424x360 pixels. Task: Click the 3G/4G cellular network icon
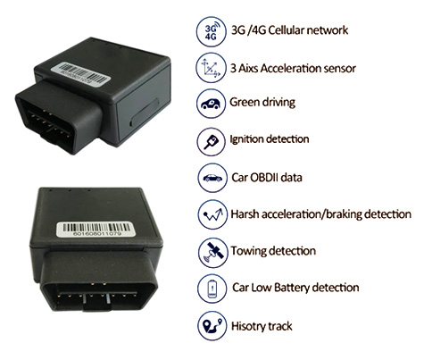211,32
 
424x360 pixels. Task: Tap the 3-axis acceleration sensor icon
211,68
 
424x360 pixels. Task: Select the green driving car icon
211,104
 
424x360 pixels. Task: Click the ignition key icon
211,141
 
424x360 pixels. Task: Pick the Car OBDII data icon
212,178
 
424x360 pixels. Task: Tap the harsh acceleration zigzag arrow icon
212,214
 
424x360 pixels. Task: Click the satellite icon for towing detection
212,252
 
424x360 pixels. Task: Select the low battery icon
212,289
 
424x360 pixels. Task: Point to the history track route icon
212,325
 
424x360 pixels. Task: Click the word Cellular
286,30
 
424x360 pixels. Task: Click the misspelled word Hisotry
246,326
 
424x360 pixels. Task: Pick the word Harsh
245,214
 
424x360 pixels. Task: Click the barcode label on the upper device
80,74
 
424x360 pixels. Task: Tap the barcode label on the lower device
96,229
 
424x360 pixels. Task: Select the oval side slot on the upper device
145,113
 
